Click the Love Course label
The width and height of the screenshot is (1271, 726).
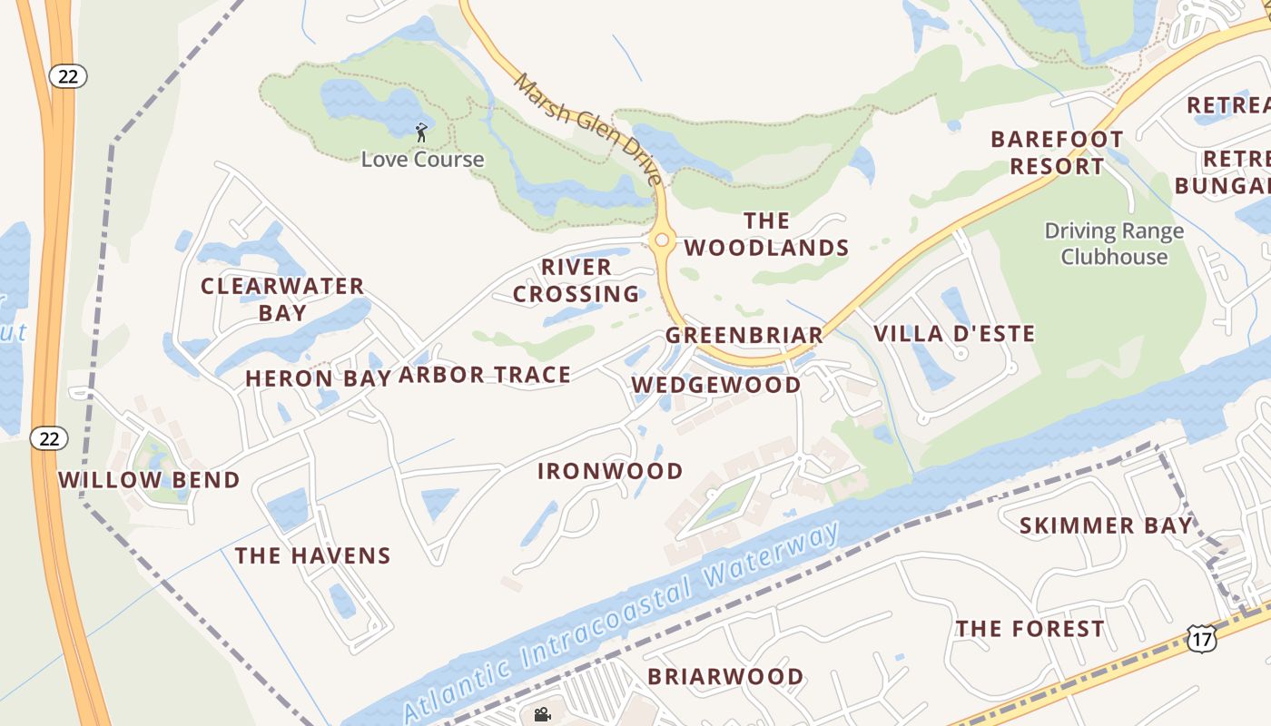coord(422,160)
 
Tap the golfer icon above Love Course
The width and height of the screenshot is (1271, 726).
coord(421,133)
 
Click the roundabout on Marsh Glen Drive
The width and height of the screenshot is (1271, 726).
coord(662,240)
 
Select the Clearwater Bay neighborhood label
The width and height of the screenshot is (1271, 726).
coord(282,299)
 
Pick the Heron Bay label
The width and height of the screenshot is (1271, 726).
coord(318,378)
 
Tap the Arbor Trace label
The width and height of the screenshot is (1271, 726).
coord(485,375)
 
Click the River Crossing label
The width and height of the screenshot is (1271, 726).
coord(576,280)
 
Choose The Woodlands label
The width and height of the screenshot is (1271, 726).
coord(767,234)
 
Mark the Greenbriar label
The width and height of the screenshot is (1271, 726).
coord(744,335)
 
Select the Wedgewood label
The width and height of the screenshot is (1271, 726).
coord(716,385)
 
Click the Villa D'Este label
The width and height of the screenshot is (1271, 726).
coord(954,334)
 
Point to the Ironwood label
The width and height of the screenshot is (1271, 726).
coord(610,471)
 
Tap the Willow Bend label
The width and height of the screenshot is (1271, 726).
coord(150,480)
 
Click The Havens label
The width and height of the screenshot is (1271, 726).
coord(313,555)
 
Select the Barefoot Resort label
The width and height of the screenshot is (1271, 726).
coord(1057,152)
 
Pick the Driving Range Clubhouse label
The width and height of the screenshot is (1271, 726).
coord(1114,243)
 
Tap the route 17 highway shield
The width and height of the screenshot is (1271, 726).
coord(1200,639)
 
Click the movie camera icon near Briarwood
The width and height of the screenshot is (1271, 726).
coord(543,714)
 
